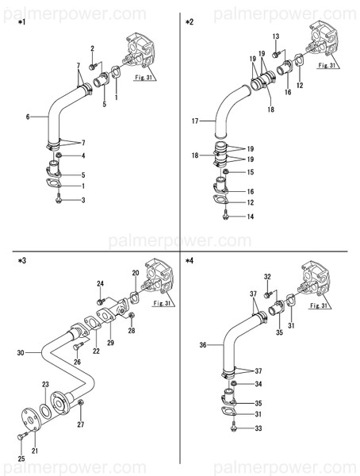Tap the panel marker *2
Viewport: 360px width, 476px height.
(190, 21)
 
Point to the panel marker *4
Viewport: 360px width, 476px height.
(190, 259)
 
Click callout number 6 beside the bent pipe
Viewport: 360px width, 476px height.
(28, 117)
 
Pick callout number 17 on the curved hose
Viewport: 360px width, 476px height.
(195, 121)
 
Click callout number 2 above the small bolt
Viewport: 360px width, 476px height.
(92, 49)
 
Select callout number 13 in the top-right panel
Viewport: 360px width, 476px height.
(276, 36)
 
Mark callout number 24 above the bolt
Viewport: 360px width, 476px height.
(101, 283)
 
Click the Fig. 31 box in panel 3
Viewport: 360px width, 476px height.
(162, 303)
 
